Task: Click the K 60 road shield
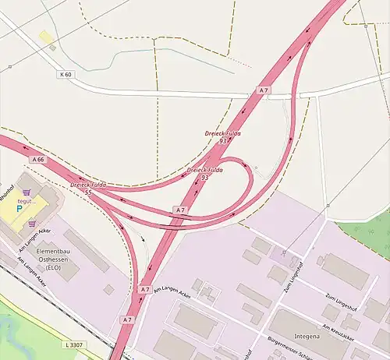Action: point(65,75)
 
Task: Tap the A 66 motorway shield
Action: point(37,159)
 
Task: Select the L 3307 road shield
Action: point(75,344)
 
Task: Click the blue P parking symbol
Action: point(20,210)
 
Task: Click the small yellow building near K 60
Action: point(45,37)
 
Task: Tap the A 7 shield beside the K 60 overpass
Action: point(264,91)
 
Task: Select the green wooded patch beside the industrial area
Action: point(367,234)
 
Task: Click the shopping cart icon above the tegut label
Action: point(29,191)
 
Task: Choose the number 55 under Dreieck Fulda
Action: point(88,192)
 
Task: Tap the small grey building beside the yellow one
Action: point(52,48)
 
